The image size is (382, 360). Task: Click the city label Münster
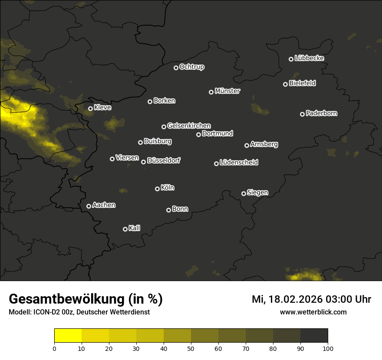coord(227,91)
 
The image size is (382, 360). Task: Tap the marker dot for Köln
coord(157,189)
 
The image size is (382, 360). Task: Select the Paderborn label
coord(321,113)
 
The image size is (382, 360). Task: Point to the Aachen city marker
coord(89,206)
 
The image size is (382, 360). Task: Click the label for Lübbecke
coord(309,58)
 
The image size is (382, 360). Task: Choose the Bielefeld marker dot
coord(285,84)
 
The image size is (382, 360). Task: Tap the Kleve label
coord(102,108)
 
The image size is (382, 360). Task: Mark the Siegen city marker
coord(244,193)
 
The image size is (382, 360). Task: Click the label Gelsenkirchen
coord(189,126)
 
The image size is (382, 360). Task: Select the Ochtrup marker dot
coord(176,68)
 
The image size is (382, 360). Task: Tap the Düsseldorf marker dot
coord(143,162)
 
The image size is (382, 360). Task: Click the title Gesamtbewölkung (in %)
coord(86,299)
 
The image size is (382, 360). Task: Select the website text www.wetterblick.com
coord(313,312)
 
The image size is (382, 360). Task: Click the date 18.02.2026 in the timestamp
coord(296,299)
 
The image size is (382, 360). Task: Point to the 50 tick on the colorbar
coord(191,348)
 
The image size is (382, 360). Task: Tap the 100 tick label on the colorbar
coord(328,348)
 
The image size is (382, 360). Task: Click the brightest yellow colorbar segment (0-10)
coord(68,336)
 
